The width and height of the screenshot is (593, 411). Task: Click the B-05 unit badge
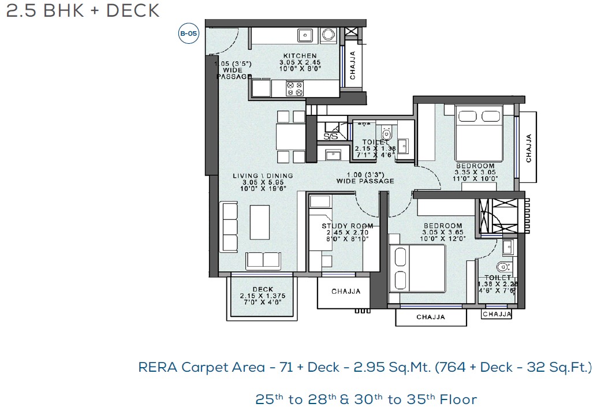tap(188, 34)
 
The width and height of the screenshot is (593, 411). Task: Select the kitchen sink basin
tap(305, 35)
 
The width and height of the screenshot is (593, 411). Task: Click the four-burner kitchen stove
tap(295, 88)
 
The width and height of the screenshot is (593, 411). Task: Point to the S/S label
tap(330, 137)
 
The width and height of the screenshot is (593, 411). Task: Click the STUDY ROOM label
tap(347, 226)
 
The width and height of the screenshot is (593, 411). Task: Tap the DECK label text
tap(262, 289)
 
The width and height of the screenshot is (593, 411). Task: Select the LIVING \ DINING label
tap(263, 175)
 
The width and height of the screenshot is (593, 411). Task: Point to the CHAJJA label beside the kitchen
tap(352, 65)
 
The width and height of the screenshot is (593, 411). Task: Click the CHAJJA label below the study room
tap(346, 292)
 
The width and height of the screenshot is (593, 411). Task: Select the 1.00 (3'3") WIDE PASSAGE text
tap(365, 178)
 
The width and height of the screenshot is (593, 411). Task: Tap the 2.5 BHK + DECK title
tap(83, 10)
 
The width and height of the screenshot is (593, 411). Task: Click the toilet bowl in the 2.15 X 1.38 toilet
tap(387, 133)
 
